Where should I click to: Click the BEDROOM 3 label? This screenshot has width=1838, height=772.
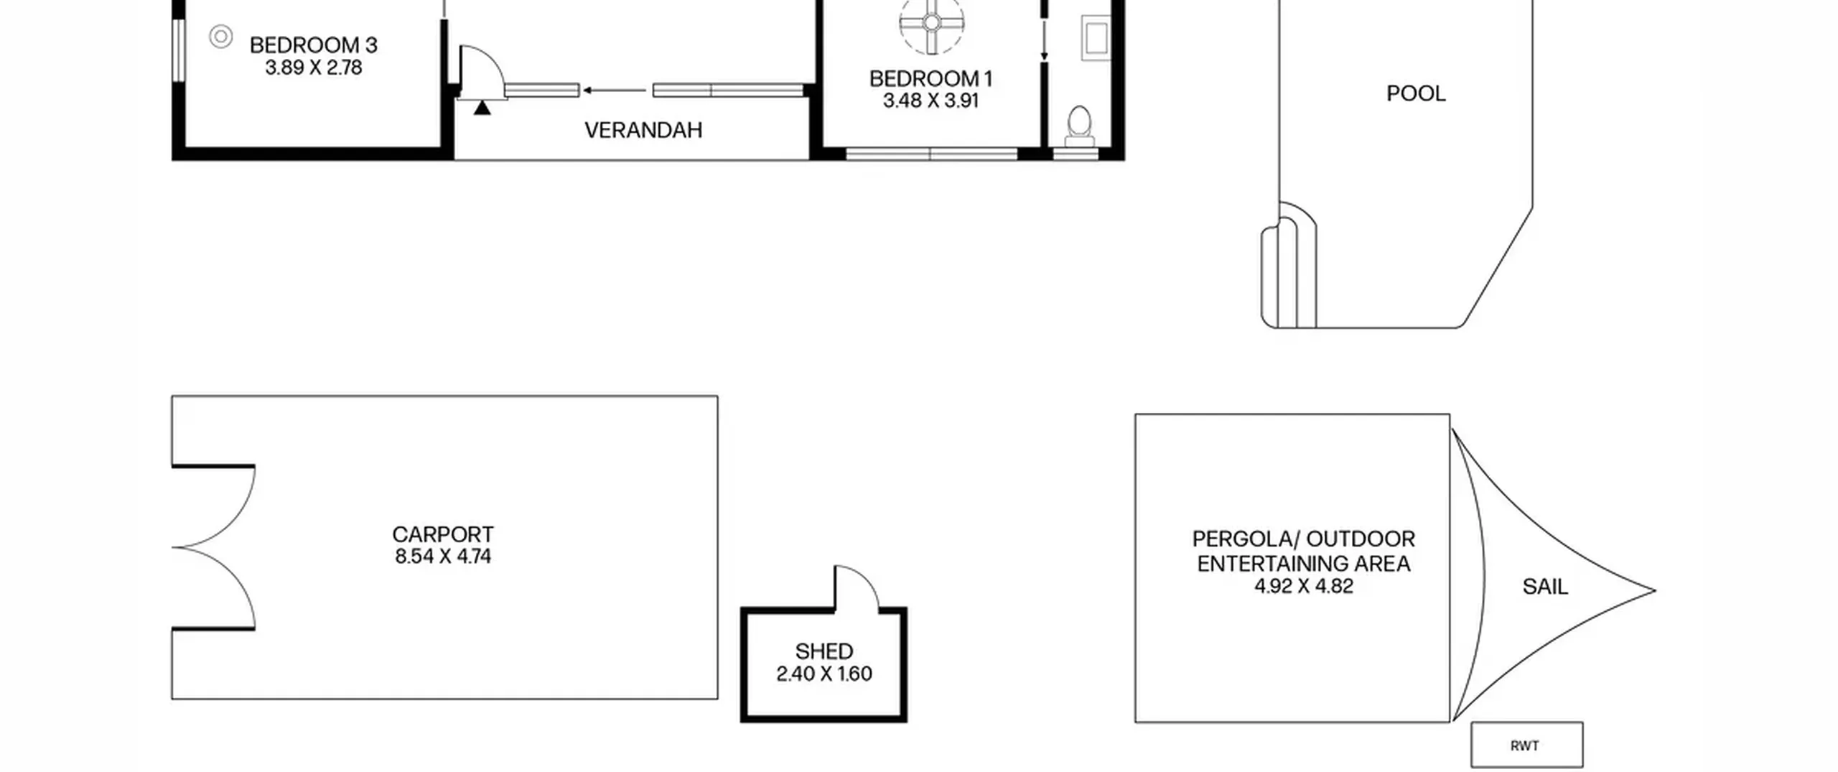(313, 45)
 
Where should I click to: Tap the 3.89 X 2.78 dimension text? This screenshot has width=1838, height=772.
(313, 68)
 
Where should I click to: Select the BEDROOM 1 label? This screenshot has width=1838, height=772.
(930, 78)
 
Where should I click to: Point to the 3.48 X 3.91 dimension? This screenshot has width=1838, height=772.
(930, 101)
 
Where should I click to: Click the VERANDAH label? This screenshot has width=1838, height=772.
(643, 130)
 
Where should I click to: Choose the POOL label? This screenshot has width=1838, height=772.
(1416, 93)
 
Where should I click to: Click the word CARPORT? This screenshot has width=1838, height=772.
(443, 534)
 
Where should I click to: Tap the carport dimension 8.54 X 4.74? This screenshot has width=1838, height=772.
(443, 557)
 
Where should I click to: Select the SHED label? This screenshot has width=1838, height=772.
(824, 651)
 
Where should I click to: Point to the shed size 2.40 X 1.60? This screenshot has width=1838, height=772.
(824, 674)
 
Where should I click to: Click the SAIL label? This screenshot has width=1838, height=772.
(1545, 587)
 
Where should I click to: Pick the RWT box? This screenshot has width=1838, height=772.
(1527, 745)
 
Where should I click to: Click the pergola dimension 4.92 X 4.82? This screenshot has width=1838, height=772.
(1304, 586)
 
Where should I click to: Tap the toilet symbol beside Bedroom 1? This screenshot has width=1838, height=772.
(1079, 127)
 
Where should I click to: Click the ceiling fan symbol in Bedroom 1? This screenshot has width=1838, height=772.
(931, 22)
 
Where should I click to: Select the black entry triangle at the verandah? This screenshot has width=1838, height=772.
(482, 107)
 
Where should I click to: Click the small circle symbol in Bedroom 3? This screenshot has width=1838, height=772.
(221, 36)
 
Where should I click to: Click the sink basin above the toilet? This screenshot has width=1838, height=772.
(1096, 38)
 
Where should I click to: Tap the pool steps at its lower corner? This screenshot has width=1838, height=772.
(1289, 266)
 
